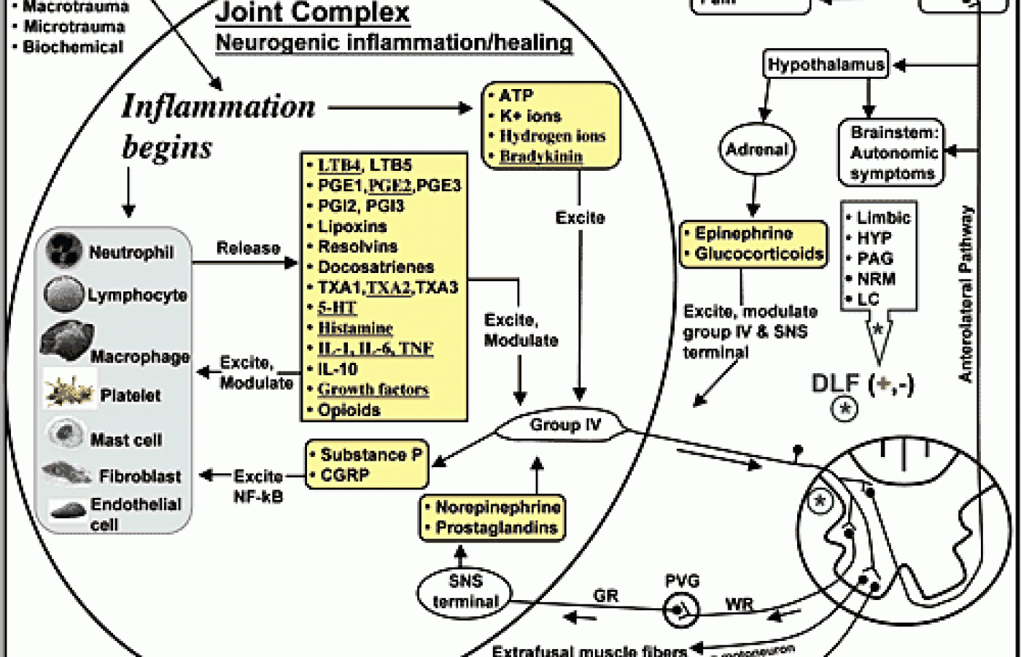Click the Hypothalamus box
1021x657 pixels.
click(x=826, y=65)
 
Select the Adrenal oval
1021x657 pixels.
click(x=757, y=150)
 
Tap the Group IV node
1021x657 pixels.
click(x=565, y=426)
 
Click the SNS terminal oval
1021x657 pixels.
click(x=465, y=591)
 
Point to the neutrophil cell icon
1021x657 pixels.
click(x=64, y=250)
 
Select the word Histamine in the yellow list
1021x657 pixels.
click(x=355, y=328)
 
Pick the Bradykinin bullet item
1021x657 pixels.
click(x=540, y=156)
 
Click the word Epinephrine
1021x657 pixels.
click(x=743, y=234)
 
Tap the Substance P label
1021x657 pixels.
click(x=371, y=455)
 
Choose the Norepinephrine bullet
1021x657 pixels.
click(x=497, y=507)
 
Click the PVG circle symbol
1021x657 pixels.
click(x=680, y=608)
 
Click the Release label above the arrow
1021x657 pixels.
click(x=248, y=248)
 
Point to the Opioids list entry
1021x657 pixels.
click(x=349, y=410)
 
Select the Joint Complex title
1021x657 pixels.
click(x=312, y=12)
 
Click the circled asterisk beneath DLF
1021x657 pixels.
click(x=845, y=409)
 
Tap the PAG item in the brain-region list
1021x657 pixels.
click(x=875, y=258)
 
